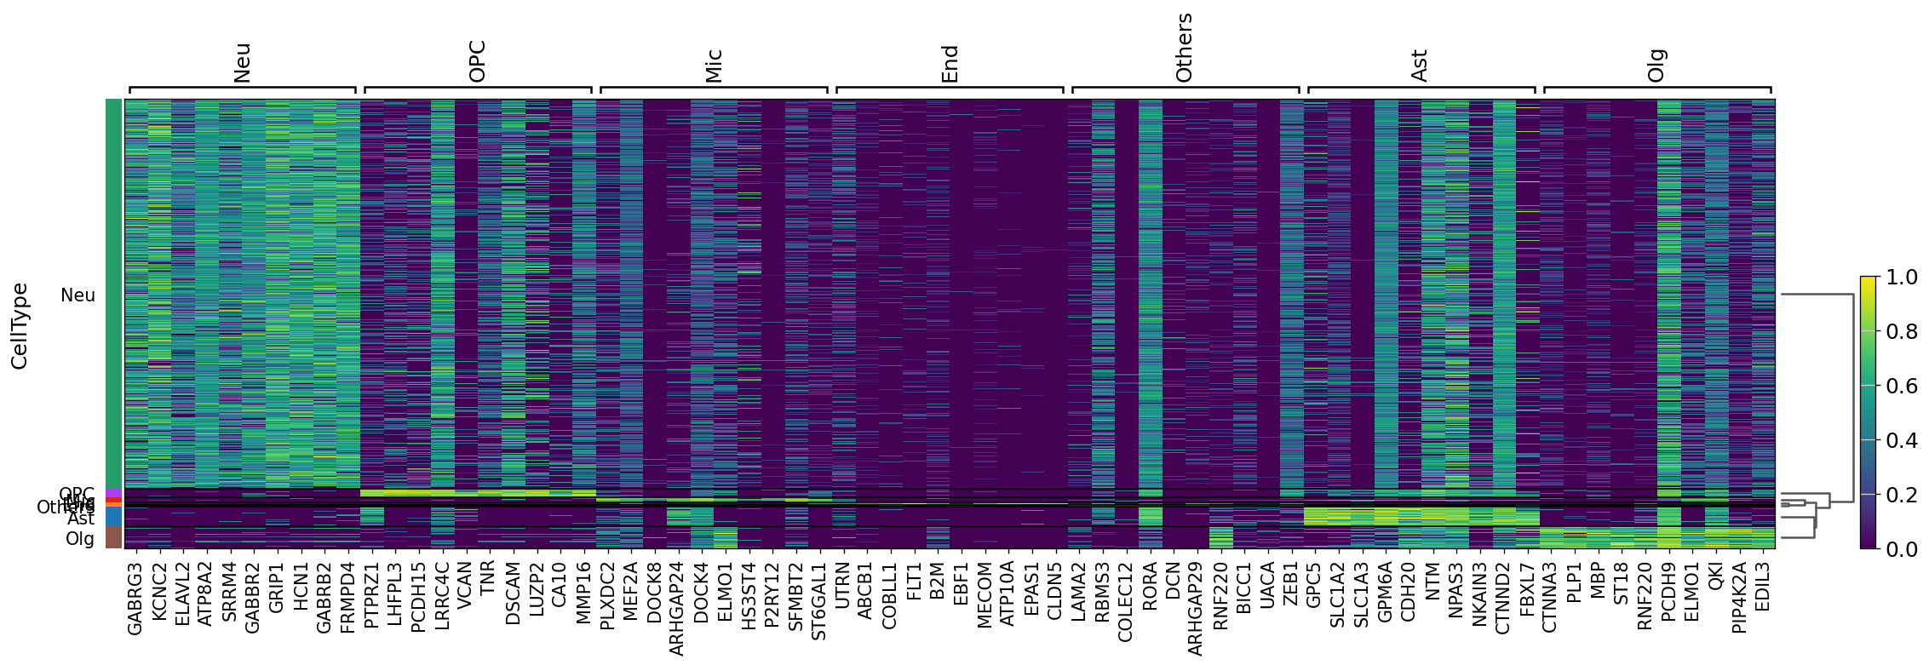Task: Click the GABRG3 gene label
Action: (x=135, y=598)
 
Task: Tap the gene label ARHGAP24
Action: (x=678, y=608)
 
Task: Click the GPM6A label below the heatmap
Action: (x=1385, y=593)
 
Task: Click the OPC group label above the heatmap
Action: (x=478, y=61)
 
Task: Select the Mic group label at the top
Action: (x=714, y=66)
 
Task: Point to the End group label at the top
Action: (x=950, y=64)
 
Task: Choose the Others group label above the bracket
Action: (x=1184, y=49)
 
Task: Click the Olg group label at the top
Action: (x=1656, y=66)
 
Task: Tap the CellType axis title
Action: (x=20, y=326)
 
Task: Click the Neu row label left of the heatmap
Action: (x=78, y=295)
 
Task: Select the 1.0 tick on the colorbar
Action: (x=1902, y=278)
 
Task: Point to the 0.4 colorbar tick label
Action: (x=1902, y=441)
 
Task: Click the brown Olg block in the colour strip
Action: (x=113, y=537)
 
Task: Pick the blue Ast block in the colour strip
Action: (x=113, y=517)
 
